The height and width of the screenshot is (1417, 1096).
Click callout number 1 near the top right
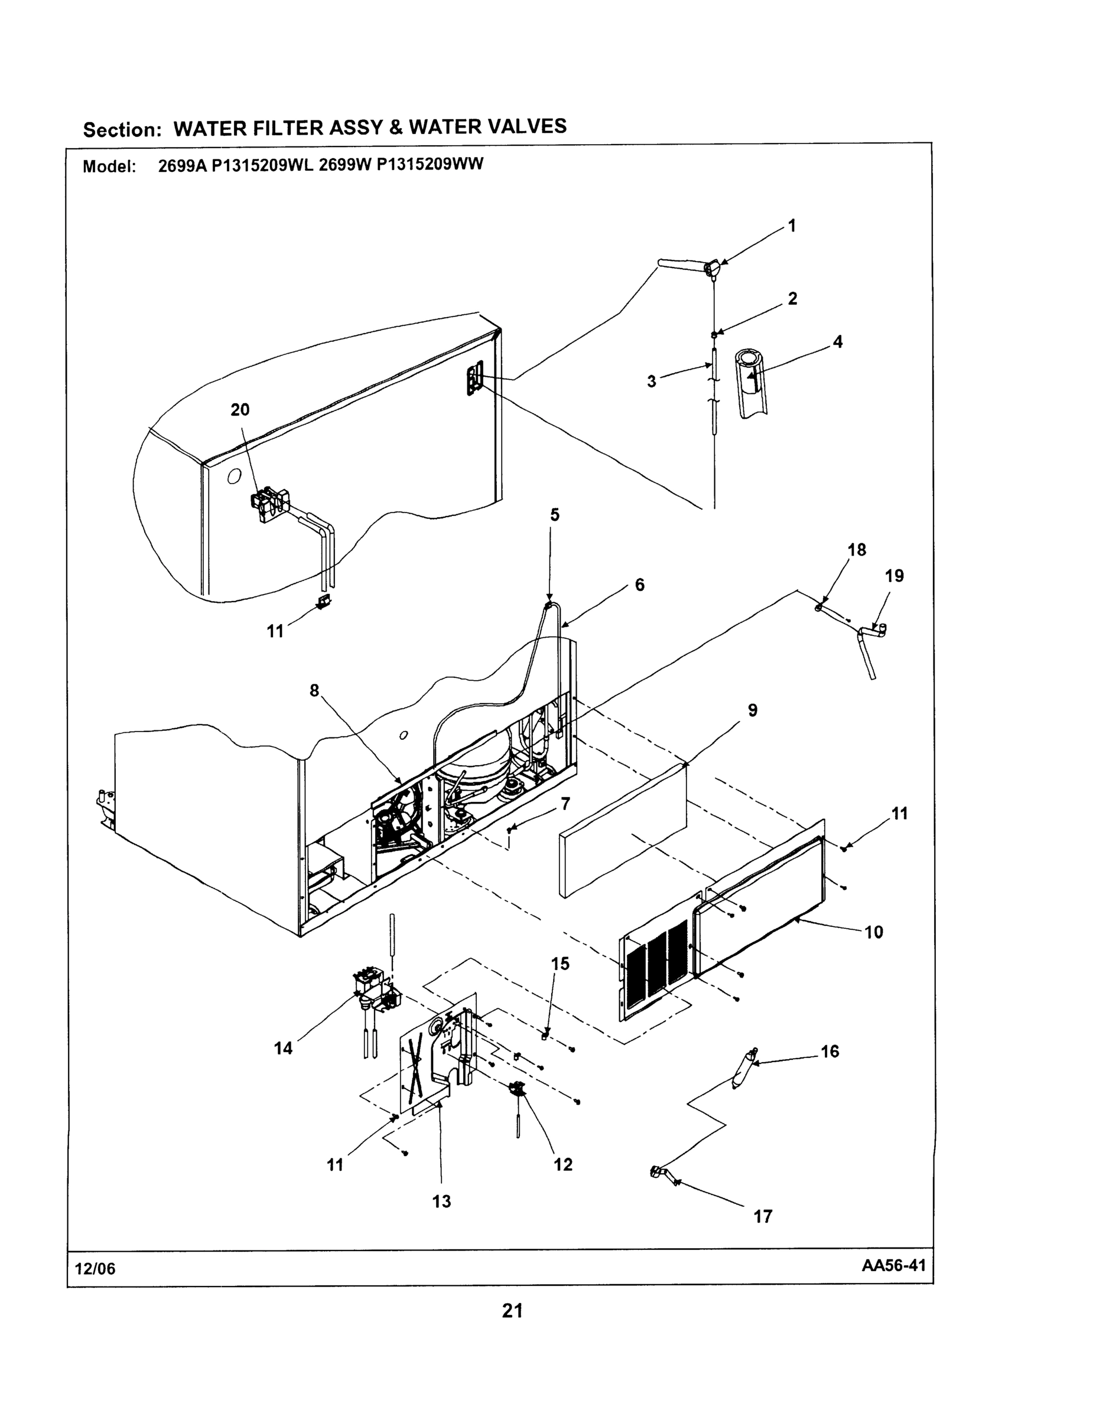pyautogui.click(x=792, y=226)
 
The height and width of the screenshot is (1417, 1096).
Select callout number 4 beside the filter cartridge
pyautogui.click(x=838, y=342)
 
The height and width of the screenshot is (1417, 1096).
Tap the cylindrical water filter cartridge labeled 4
pyautogui.click(x=750, y=383)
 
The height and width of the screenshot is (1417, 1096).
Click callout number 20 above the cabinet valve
pyautogui.click(x=240, y=409)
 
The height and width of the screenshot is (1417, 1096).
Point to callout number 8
pyautogui.click(x=314, y=690)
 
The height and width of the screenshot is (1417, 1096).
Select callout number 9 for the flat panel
pyautogui.click(x=753, y=710)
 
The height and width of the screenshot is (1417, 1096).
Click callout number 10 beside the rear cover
pyautogui.click(x=874, y=932)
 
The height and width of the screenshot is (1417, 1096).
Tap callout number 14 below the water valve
pyautogui.click(x=283, y=1048)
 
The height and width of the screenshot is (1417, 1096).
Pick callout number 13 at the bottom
pyautogui.click(x=441, y=1201)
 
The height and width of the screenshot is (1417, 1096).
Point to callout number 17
pyautogui.click(x=763, y=1216)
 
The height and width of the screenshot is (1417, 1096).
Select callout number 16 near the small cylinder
pyautogui.click(x=830, y=1051)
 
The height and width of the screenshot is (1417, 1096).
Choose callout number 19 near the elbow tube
pyautogui.click(x=894, y=576)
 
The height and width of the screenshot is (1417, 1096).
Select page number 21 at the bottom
pyautogui.click(x=512, y=1311)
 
